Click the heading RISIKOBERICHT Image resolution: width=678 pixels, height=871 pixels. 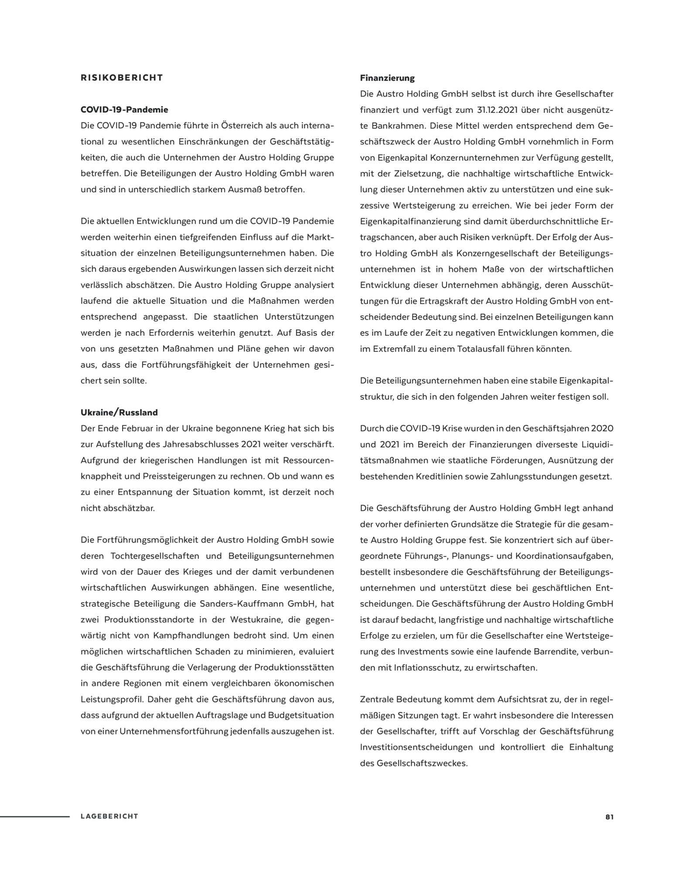[122, 78]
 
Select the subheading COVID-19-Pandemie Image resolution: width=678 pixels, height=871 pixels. [124, 110]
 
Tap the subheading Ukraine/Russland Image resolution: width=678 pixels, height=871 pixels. [119, 412]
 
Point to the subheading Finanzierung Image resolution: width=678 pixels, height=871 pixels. [387, 78]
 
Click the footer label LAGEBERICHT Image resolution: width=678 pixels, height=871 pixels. [109, 817]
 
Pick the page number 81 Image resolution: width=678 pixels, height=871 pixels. [609, 817]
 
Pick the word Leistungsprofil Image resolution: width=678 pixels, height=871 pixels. [112, 699]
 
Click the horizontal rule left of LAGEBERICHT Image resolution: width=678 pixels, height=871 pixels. [35, 817]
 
